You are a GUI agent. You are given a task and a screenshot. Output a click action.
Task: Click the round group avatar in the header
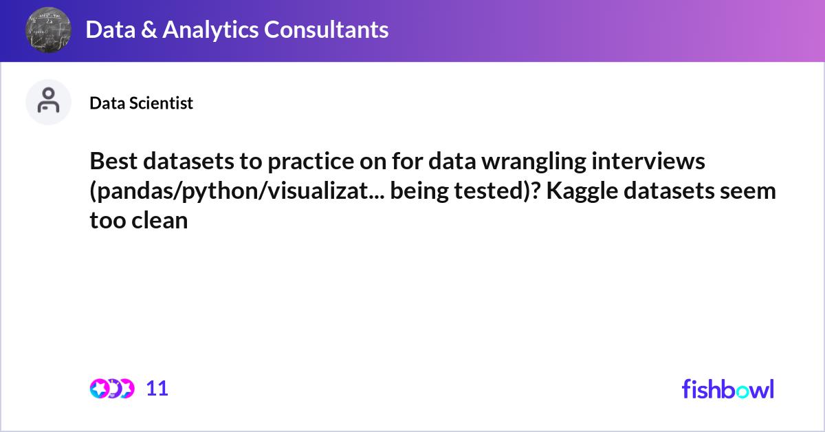coord(48,30)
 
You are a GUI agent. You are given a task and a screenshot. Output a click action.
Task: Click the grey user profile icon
coord(48,102)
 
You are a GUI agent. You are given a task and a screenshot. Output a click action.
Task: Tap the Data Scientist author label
coord(142,103)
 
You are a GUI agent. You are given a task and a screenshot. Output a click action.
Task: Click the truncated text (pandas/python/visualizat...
coord(237,191)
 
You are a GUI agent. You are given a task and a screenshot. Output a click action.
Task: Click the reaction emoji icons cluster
coord(111,389)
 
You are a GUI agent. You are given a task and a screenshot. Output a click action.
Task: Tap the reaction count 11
coord(157,389)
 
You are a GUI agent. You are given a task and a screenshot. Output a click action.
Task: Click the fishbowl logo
coord(727,389)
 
